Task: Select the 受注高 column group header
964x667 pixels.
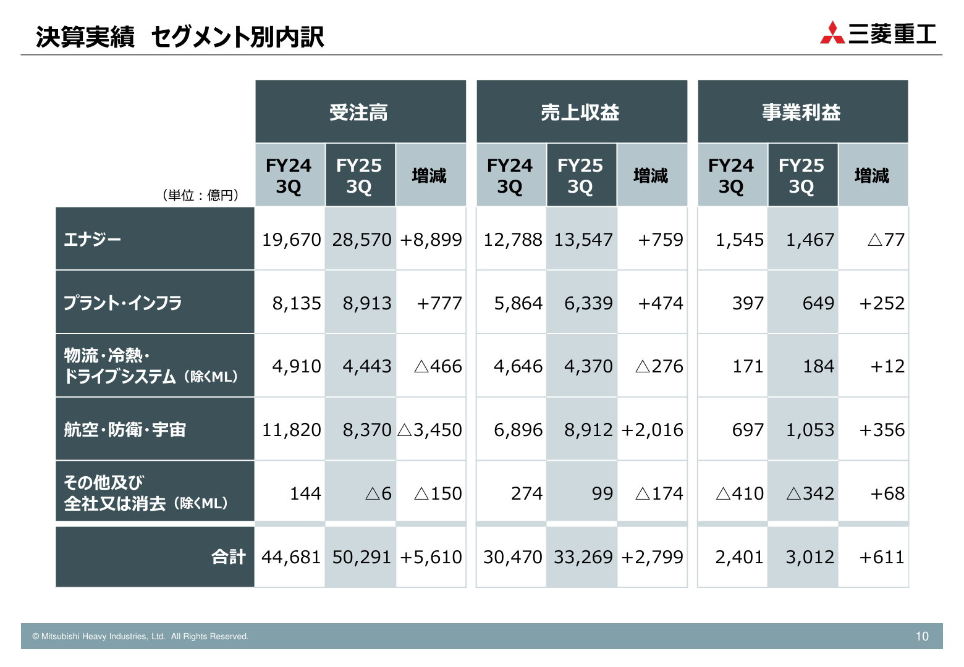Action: (x=359, y=112)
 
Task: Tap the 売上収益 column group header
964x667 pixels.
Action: (x=580, y=112)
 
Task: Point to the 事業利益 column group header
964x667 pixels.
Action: (x=801, y=112)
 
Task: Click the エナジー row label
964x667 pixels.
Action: (x=93, y=239)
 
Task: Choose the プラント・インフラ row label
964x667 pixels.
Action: (x=122, y=303)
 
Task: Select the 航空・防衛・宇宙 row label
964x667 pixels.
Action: (x=125, y=429)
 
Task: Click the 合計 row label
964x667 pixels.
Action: (x=229, y=557)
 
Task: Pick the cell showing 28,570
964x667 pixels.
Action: (x=361, y=240)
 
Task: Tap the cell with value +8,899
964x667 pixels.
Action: (x=431, y=240)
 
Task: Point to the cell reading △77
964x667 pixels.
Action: (x=886, y=240)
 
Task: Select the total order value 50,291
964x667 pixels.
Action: (x=361, y=557)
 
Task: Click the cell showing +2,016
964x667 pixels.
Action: (x=652, y=430)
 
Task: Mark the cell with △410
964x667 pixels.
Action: (x=740, y=493)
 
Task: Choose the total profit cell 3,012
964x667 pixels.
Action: (x=810, y=557)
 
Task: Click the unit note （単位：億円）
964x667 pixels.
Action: (x=200, y=195)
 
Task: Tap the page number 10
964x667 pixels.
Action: (x=921, y=636)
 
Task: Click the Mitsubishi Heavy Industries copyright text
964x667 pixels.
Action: (x=140, y=636)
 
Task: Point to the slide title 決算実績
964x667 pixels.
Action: (x=85, y=37)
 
